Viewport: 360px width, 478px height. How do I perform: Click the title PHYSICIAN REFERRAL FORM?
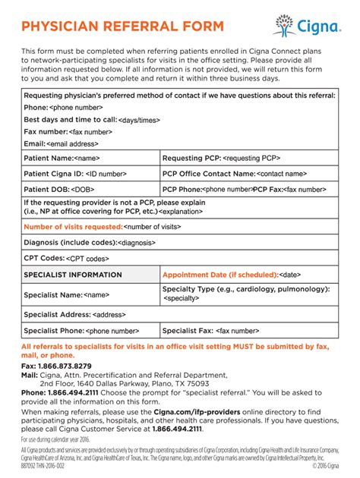[x=122, y=27]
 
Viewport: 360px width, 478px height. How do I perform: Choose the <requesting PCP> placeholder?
[x=251, y=158]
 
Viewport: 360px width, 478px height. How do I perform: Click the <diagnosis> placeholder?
[x=137, y=243]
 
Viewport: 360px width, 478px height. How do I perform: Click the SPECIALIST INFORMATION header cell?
[x=72, y=275]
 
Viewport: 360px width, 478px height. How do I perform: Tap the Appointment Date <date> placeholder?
[x=290, y=275]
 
